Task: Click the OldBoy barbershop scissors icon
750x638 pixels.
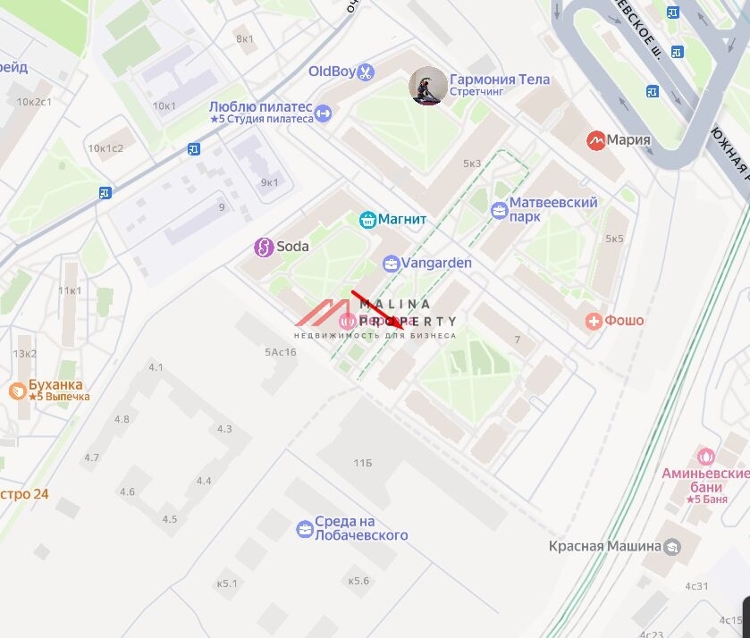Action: (x=365, y=71)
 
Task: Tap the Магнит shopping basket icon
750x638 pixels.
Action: (x=367, y=219)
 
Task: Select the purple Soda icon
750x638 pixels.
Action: (x=263, y=247)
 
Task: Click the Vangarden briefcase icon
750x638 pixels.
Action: (x=391, y=263)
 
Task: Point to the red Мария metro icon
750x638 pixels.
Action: (x=595, y=140)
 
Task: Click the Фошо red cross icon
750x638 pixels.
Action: (x=593, y=321)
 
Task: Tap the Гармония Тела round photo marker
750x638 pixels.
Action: (x=428, y=87)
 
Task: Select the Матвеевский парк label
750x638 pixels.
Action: (x=552, y=209)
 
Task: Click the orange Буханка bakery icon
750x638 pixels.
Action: (x=17, y=390)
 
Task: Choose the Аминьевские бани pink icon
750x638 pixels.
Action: (x=705, y=457)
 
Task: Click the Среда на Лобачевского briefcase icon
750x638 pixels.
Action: (x=305, y=529)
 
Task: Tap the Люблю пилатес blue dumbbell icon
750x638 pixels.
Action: (x=324, y=113)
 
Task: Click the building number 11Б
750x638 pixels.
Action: (x=362, y=463)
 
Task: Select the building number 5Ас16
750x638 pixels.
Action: (x=280, y=352)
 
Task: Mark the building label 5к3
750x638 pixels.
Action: (x=472, y=164)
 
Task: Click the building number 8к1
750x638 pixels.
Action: (x=245, y=38)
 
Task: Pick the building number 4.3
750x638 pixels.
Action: (x=223, y=429)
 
